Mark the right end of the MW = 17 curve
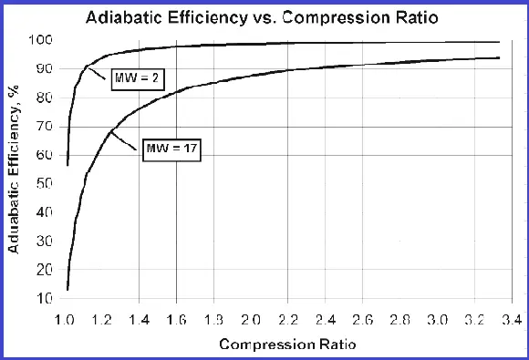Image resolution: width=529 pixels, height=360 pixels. (498, 57)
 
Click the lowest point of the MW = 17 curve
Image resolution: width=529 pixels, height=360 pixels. (67, 290)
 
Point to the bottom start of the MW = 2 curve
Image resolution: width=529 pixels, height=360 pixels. (67, 165)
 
